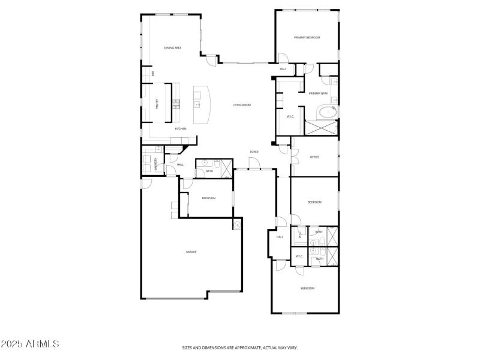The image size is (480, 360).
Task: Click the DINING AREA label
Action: (x=173, y=47)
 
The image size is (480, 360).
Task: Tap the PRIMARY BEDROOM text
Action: (x=307, y=37)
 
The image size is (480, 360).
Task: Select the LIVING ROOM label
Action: (x=242, y=105)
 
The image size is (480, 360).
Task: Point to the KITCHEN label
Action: (x=180, y=129)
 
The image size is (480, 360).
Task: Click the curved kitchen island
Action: (x=202, y=104)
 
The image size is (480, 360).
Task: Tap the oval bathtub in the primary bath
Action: (x=326, y=112)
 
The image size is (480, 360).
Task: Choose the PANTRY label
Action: (x=157, y=104)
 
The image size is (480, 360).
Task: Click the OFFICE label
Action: (x=314, y=157)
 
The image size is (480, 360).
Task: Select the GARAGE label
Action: (x=191, y=252)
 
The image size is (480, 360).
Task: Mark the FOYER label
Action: (x=254, y=152)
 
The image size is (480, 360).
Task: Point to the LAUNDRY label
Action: (x=156, y=164)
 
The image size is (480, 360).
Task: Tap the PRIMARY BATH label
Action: (x=318, y=93)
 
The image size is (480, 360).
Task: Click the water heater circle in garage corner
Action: (x=237, y=226)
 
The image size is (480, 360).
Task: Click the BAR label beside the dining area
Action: (x=154, y=73)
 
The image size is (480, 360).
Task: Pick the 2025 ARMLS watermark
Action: (x=30, y=344)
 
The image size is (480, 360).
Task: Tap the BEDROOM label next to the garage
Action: (x=208, y=198)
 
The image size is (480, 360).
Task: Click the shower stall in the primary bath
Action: (x=322, y=127)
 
